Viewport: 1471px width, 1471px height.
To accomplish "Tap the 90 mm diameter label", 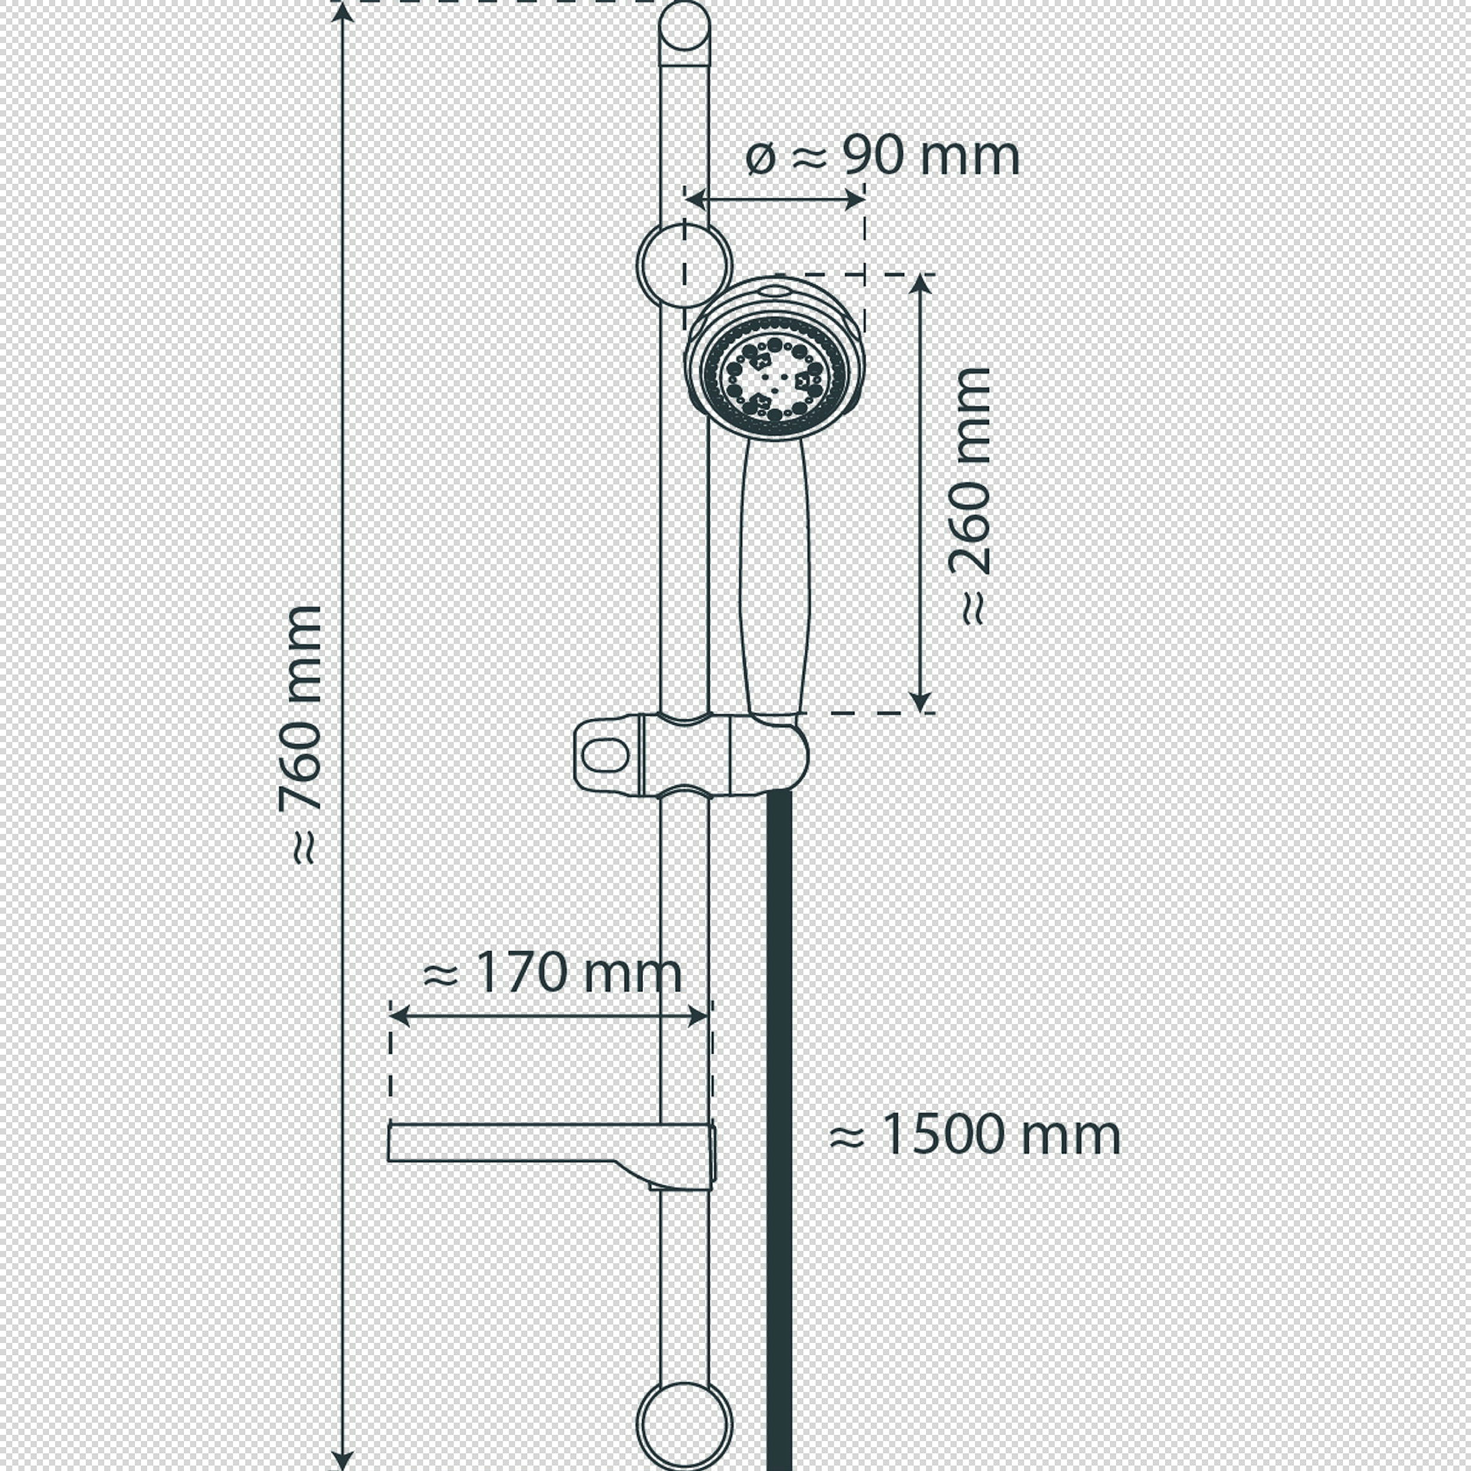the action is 883,156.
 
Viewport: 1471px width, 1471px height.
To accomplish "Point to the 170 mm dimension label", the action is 552,972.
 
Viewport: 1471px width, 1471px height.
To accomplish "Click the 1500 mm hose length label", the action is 975,1135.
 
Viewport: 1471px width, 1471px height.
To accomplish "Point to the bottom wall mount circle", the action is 684,1425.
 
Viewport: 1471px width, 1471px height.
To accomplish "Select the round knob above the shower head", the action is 684,265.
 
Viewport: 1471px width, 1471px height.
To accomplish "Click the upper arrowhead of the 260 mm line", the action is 921,284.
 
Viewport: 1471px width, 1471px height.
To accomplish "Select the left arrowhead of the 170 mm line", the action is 400,1016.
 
